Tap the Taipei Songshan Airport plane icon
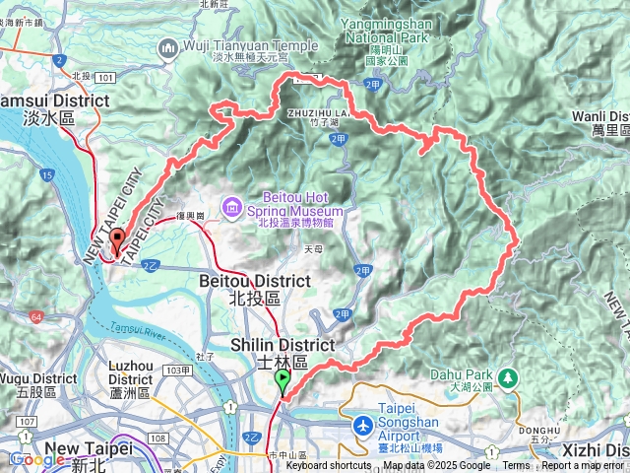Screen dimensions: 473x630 (363, 425)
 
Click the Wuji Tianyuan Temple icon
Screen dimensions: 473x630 (167, 46)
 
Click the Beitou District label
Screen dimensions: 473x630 (240, 289)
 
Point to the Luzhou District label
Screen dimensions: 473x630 (130, 379)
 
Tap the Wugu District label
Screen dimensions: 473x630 (38, 384)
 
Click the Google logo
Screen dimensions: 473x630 (36, 458)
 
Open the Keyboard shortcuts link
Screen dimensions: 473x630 (329, 466)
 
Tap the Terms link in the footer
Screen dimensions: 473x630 (516, 466)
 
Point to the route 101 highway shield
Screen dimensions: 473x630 (107, 76)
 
